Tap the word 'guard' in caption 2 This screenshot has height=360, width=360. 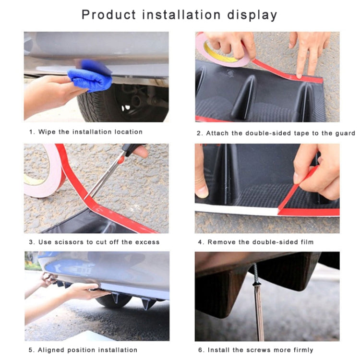tap(345, 133)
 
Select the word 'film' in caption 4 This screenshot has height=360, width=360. tap(306, 242)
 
